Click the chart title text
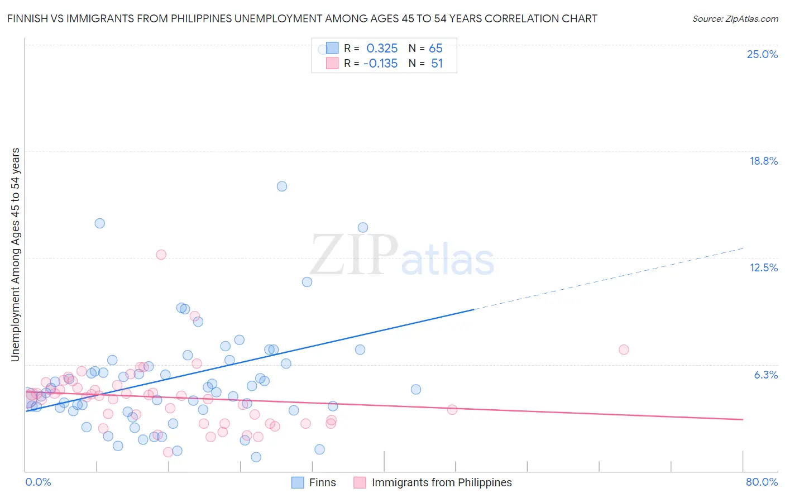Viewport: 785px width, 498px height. pyautogui.click(x=302, y=19)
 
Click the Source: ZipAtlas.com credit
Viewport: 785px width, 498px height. pyautogui.click(x=735, y=19)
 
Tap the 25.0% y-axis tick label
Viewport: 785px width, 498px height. pyautogui.click(x=762, y=54)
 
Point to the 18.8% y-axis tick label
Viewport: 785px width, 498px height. pyautogui.click(x=763, y=161)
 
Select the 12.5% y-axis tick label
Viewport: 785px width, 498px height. pyautogui.click(x=763, y=267)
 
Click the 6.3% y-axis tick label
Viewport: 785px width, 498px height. pyautogui.click(x=765, y=375)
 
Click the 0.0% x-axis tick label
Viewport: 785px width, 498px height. pyautogui.click(x=38, y=482)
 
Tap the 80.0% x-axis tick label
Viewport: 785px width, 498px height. pyautogui.click(x=762, y=482)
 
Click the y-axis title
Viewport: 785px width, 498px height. pyautogui.click(x=15, y=255)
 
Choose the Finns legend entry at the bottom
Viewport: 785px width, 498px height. pyautogui.click(x=322, y=482)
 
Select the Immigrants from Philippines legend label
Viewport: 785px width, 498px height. pyautogui.click(x=441, y=482)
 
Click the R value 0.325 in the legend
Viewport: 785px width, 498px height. pyautogui.click(x=382, y=49)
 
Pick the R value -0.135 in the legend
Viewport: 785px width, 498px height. pyautogui.click(x=380, y=64)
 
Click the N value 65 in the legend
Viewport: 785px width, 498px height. pyautogui.click(x=435, y=49)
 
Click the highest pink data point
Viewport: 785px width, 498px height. pyautogui.click(x=161, y=255)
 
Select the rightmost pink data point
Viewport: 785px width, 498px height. pyautogui.click(x=624, y=349)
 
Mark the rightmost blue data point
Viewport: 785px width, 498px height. pyautogui.click(x=415, y=389)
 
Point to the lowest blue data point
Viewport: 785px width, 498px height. pyautogui.click(x=256, y=457)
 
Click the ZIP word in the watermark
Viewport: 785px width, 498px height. pyautogui.click(x=353, y=255)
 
